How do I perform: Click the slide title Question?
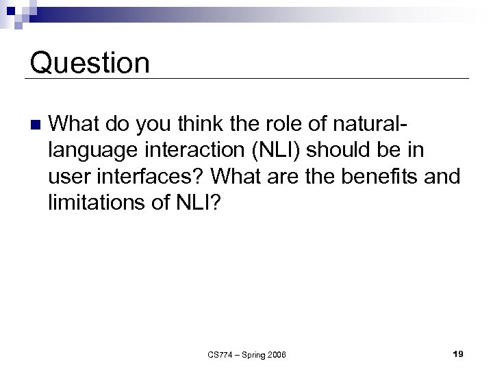tap(90, 63)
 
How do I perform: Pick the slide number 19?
tap(458, 354)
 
